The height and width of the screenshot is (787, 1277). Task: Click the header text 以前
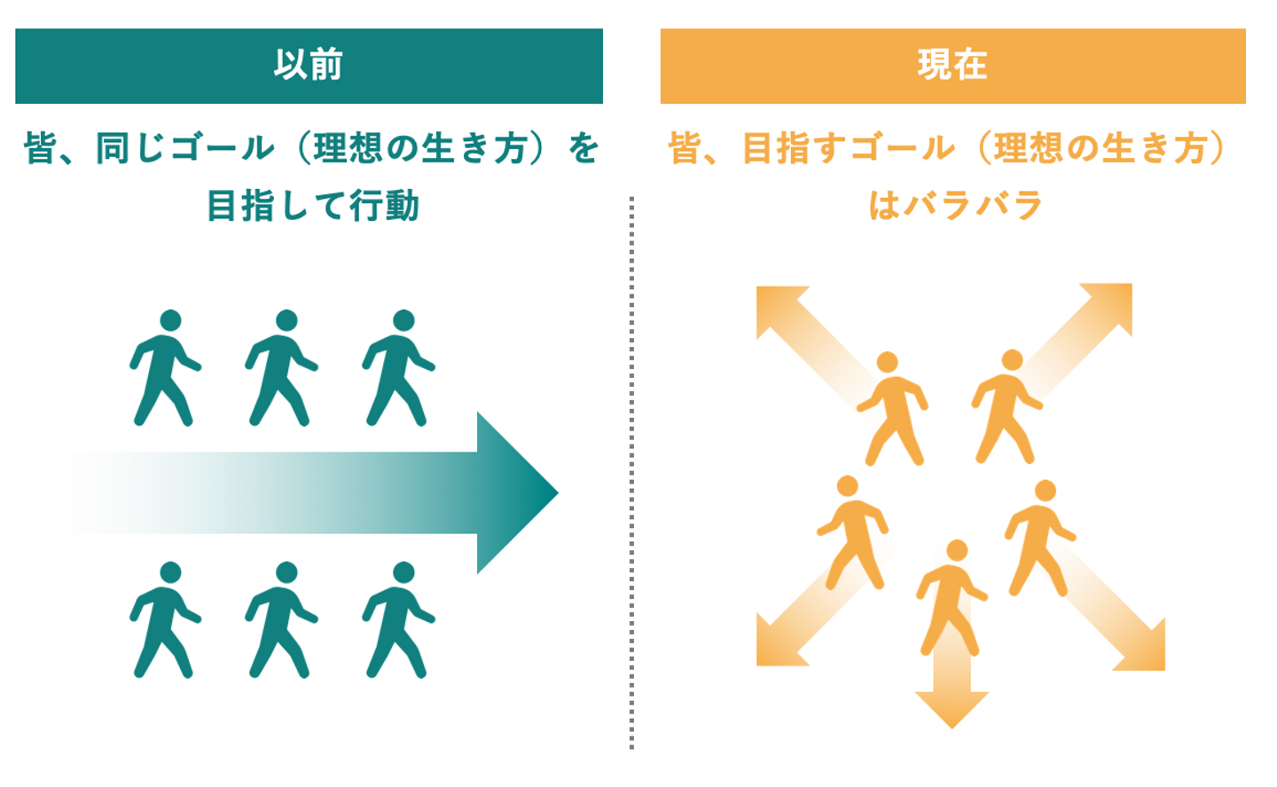pos(308,66)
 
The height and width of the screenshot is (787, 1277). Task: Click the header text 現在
pos(952,66)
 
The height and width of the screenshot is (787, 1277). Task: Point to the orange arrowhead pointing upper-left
pos(775,305)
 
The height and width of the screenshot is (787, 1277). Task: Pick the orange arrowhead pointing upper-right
pos(1113,303)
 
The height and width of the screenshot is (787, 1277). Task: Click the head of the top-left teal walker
pos(170,320)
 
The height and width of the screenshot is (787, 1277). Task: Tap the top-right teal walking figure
pos(399,367)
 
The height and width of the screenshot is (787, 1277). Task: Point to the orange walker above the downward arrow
pos(951,596)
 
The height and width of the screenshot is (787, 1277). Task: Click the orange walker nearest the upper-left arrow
pos(892,408)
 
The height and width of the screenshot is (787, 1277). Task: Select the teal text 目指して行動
pos(312,206)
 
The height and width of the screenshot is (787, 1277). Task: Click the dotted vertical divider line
pos(631,470)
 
